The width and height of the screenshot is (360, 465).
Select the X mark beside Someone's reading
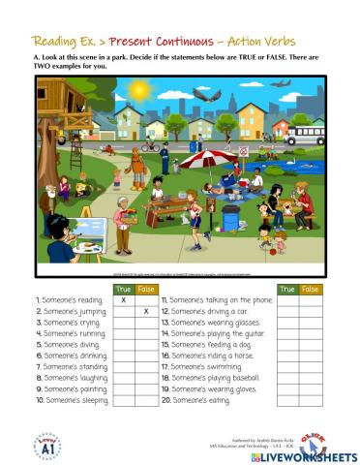(x=123, y=300)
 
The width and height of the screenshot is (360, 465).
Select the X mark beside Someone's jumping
(x=145, y=312)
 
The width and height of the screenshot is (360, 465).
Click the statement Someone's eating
(x=197, y=399)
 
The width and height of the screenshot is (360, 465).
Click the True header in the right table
(x=287, y=289)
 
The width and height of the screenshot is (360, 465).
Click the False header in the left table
(x=145, y=289)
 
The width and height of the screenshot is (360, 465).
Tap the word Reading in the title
(x=57, y=42)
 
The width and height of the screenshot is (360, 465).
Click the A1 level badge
(x=45, y=445)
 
